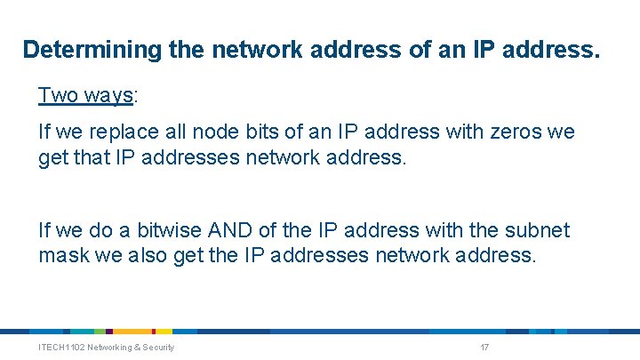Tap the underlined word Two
click(x=57, y=95)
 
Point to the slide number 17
click(x=484, y=347)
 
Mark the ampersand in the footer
click(x=134, y=347)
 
